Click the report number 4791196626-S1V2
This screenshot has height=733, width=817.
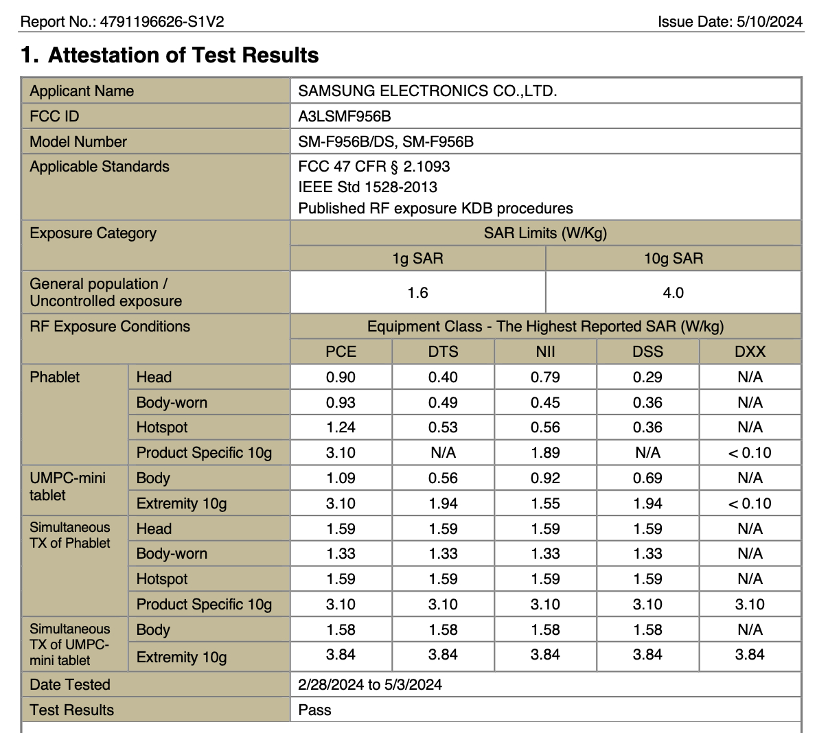162,21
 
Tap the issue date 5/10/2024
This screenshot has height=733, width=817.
769,21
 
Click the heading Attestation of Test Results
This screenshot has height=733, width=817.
183,55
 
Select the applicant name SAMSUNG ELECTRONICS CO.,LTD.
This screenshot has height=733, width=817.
427,91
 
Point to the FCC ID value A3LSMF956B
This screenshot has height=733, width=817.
345,116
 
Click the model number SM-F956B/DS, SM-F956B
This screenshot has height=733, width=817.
386,141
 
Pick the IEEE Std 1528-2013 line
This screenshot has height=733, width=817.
367,187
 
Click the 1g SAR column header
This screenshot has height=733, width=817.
417,258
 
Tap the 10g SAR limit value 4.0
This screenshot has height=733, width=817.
673,292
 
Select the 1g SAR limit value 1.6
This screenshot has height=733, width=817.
417,292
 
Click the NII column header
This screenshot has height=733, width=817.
545,351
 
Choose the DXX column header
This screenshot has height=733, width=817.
750,351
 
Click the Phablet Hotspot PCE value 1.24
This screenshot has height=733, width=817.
341,427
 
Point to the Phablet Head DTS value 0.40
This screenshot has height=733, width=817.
443,377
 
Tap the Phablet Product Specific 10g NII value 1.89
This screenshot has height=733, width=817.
545,452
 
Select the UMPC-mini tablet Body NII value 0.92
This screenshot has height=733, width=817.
545,478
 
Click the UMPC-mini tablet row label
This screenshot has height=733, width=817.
67,486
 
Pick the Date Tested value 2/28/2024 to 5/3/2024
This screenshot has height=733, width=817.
370,684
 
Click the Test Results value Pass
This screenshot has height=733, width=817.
314,710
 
